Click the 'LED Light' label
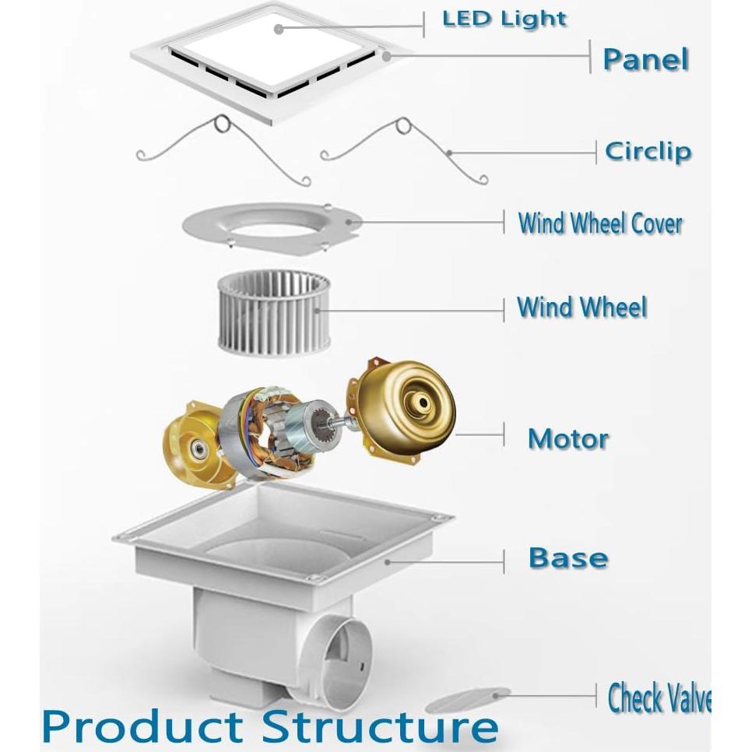[x=504, y=19]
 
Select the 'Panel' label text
[x=645, y=59]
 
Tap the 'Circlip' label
[x=648, y=152]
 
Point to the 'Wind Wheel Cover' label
[x=600, y=223]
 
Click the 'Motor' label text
[x=568, y=438]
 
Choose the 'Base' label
[x=568, y=557]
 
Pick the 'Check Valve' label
[x=659, y=698]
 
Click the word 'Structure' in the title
[x=380, y=726]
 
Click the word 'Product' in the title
[x=143, y=726]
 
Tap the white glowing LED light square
[x=277, y=51]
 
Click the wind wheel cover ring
[x=272, y=226]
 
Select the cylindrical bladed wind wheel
[x=274, y=314]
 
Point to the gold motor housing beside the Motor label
[x=401, y=410]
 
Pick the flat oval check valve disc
[x=468, y=701]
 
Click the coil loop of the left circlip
[x=223, y=124]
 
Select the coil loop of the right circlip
[x=403, y=126]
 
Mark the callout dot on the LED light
[x=279, y=30]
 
